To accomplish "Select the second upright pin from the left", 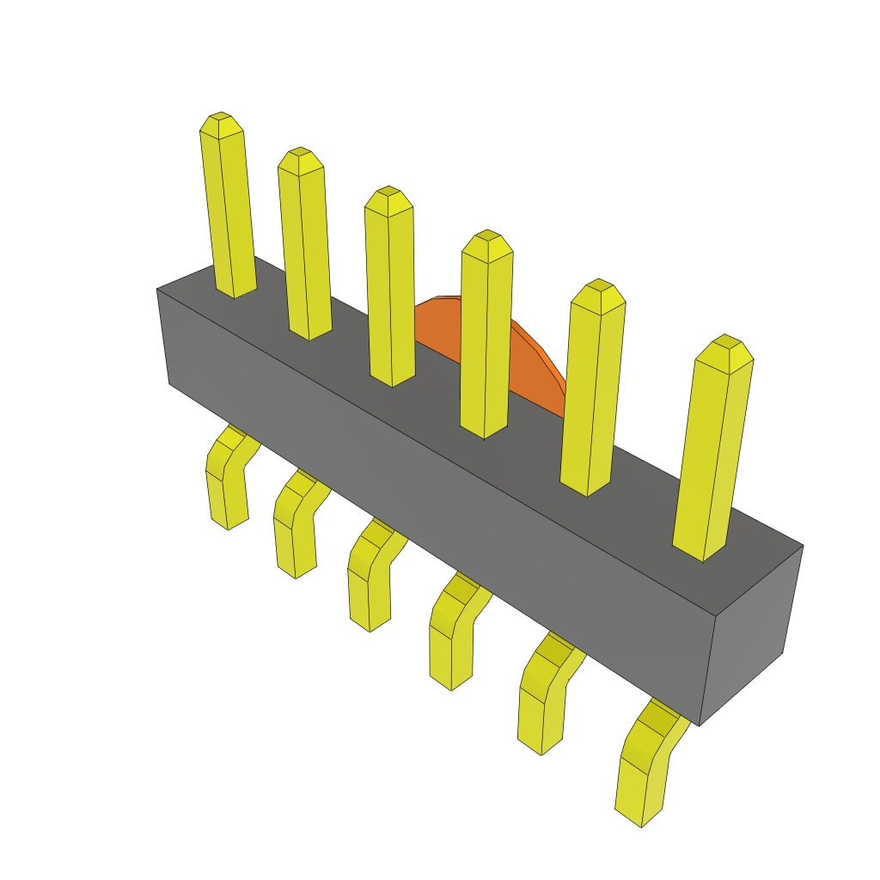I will [x=305, y=249].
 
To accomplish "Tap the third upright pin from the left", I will [x=390, y=288].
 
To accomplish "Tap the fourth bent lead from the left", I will [x=451, y=640].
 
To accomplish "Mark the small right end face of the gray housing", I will [x=749, y=636].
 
